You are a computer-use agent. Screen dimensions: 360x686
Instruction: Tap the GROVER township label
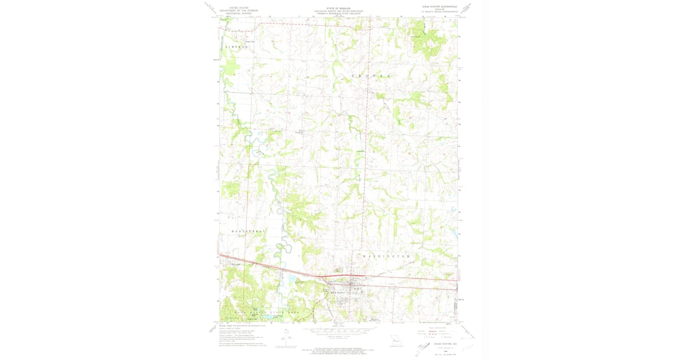click(x=372, y=75)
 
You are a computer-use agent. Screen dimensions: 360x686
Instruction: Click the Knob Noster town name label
click(x=339, y=293)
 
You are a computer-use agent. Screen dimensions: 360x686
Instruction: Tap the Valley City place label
click(x=249, y=41)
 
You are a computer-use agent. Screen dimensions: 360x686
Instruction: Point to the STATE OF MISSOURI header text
click(x=338, y=9)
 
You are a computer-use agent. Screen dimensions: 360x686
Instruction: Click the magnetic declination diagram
click(x=286, y=337)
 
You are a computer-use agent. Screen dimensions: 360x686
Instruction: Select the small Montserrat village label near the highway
click(x=237, y=264)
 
